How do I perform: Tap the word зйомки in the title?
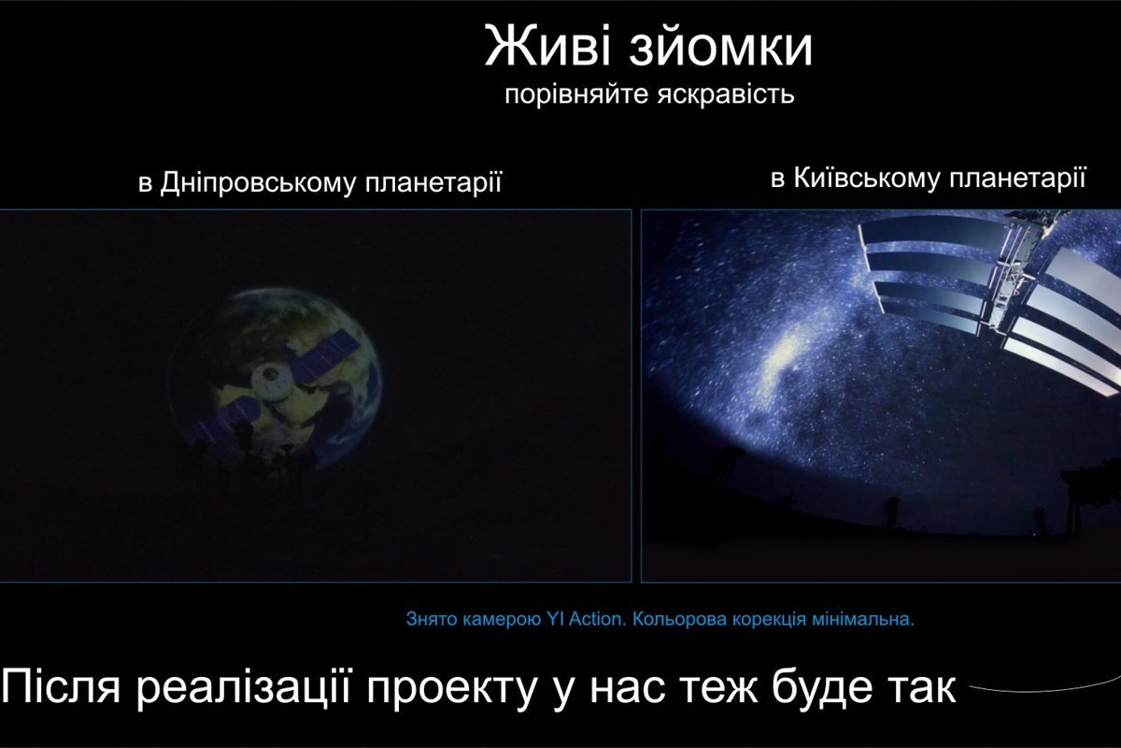click(727, 49)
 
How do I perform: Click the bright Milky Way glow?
click(783, 360)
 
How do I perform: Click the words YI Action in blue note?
click(583, 619)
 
